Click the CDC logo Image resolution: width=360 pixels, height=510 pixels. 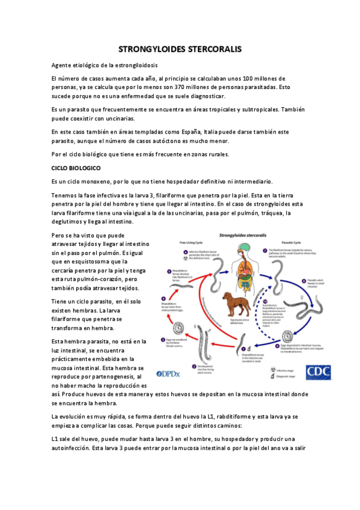pyautogui.click(x=318, y=372)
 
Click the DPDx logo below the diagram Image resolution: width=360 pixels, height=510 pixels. pyautogui.click(x=172, y=373)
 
